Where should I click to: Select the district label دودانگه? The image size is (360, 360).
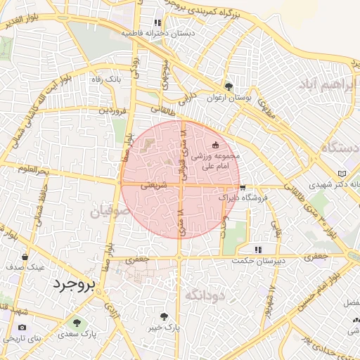[204, 295]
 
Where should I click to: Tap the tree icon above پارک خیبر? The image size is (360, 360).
[165, 316]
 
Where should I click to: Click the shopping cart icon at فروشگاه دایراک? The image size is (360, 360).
[243, 188]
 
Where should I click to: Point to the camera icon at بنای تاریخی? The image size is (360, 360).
[22, 328]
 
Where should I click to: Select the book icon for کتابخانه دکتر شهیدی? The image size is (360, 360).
[342, 173]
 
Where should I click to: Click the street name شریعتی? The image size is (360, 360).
[153, 186]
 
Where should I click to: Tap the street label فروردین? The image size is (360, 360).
[112, 110]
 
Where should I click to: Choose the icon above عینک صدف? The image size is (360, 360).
[26, 257]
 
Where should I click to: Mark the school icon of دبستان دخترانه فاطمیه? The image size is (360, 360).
[157, 22]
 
